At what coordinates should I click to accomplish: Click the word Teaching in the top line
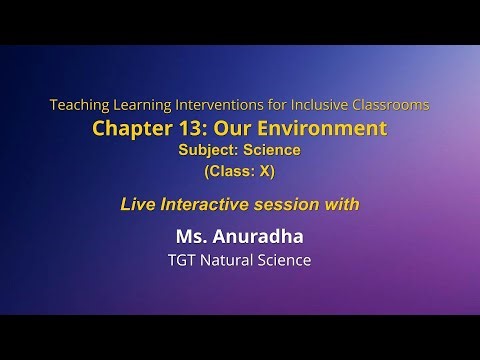click(x=78, y=104)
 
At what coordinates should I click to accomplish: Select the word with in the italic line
click(x=342, y=204)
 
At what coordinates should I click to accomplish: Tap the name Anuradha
click(x=259, y=238)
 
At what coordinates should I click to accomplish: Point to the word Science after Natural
click(x=289, y=261)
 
